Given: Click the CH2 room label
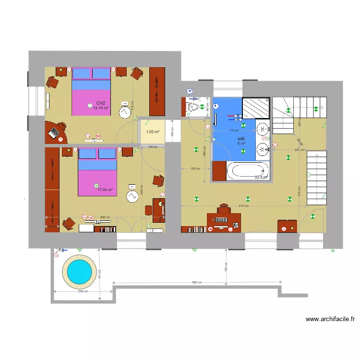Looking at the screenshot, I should [101, 103].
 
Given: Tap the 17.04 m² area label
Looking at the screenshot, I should [105, 190].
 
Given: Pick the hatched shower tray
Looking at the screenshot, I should [255, 108].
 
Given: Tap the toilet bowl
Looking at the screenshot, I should [193, 108].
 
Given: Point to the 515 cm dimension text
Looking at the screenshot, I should [243, 206].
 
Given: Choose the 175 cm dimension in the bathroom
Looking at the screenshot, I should [234, 131].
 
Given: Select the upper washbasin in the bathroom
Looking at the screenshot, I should [263, 129].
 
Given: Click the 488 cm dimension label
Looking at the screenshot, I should [105, 217].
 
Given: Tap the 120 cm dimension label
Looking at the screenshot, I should [195, 168].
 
